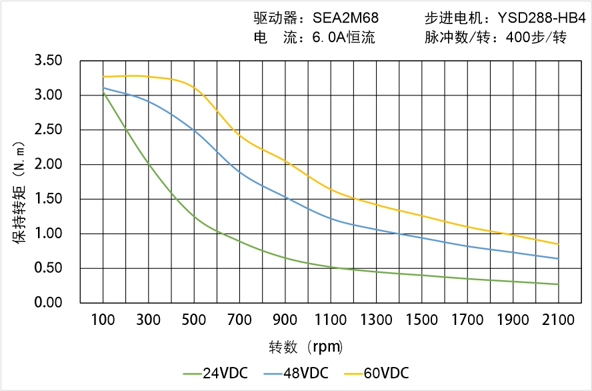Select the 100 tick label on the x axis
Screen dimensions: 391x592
coord(103,320)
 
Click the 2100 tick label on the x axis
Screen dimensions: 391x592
coord(558,320)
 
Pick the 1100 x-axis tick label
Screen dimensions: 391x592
coord(331,320)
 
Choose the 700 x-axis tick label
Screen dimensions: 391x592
coord(239,320)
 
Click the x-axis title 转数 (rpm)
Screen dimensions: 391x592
coord(305,347)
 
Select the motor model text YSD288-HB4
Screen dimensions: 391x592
coord(541,18)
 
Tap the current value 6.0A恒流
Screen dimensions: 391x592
coord(343,37)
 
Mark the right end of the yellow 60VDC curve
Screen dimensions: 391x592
coord(558,244)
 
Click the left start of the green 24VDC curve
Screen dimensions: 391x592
coord(103,92)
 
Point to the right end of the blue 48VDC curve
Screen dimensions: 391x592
coord(558,259)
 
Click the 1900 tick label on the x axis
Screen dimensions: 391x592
coord(513,320)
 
